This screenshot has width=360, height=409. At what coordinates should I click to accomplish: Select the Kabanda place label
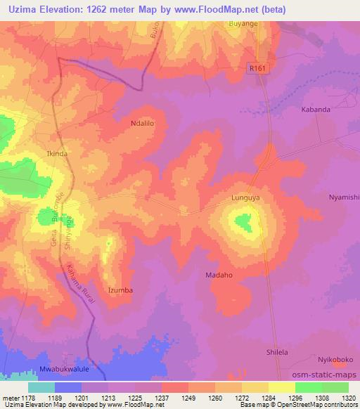coord(315,110)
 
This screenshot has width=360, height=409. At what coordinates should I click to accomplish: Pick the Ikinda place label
coord(56,152)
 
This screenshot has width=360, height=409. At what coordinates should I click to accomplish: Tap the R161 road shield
coord(258,69)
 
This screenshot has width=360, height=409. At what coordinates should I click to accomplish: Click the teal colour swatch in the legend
coord(41,387)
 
